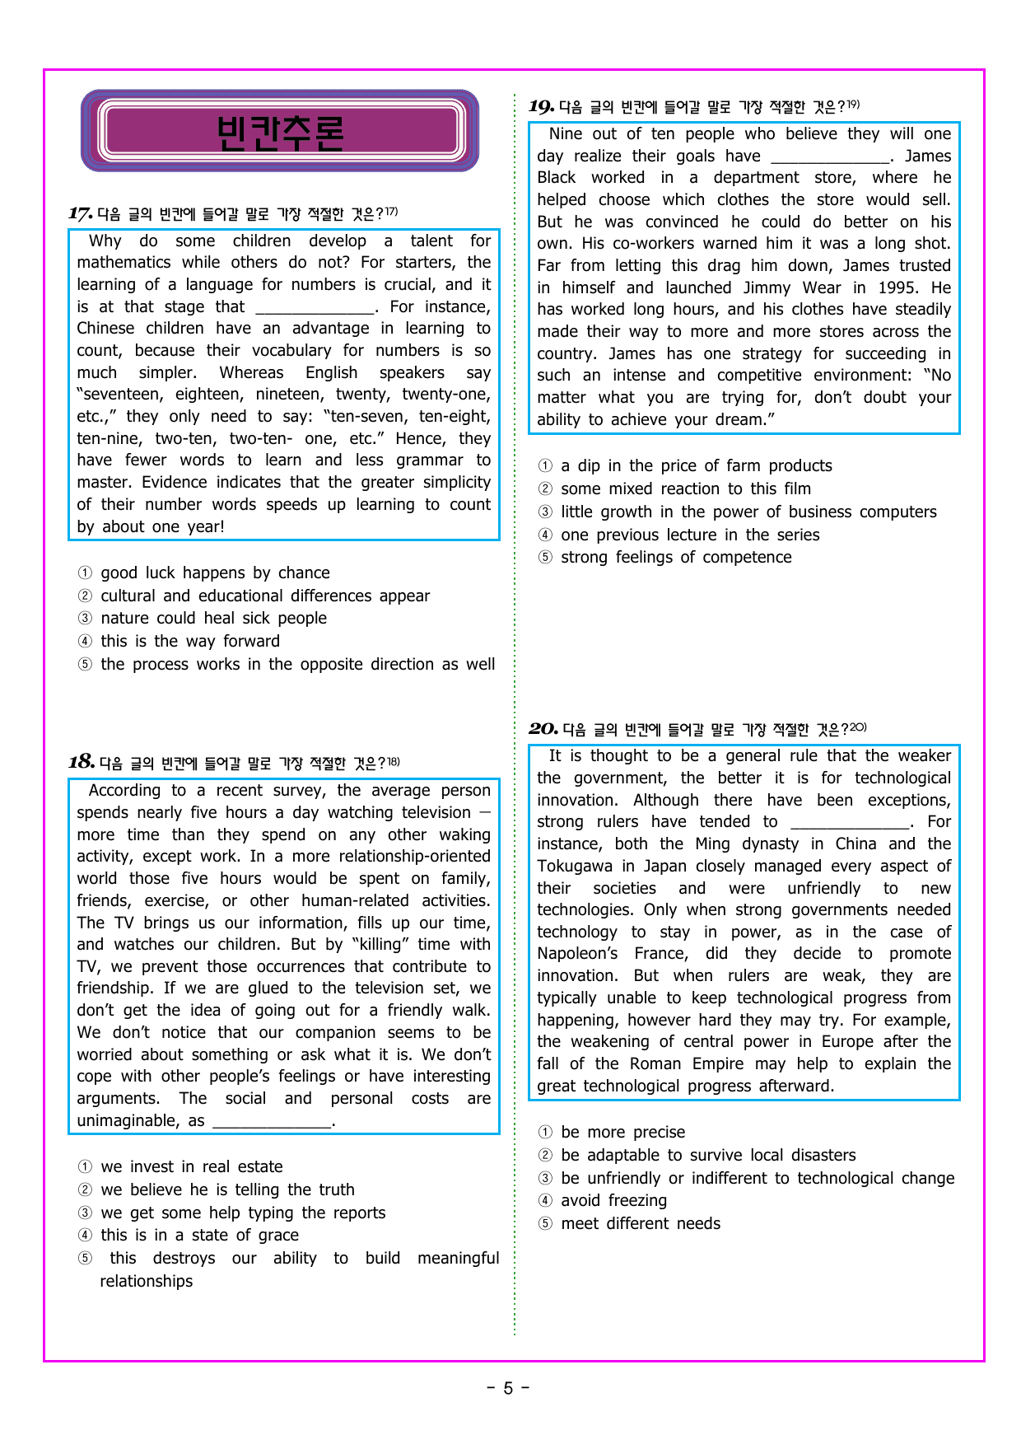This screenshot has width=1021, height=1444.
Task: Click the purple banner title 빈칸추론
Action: point(280,132)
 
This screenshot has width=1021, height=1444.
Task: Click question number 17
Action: point(80,214)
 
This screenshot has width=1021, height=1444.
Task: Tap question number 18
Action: point(81,762)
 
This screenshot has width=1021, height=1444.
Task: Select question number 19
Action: point(541,106)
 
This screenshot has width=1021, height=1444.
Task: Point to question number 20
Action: point(543,728)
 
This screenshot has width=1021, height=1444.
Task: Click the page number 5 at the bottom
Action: point(508,1388)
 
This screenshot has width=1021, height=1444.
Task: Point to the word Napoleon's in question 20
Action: point(576,954)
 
